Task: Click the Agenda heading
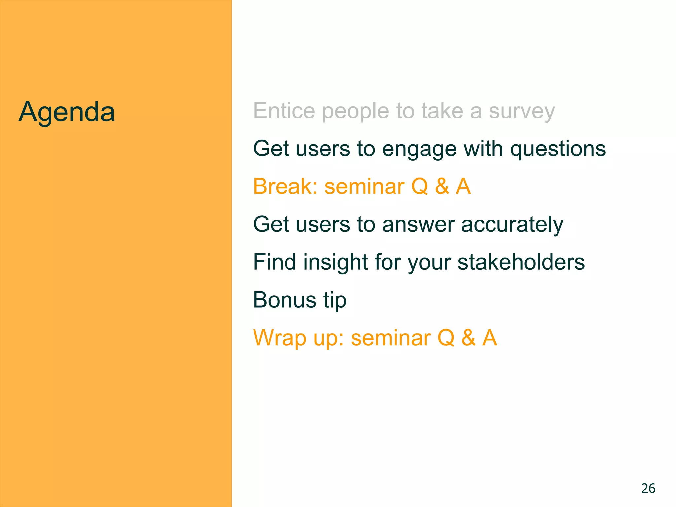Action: click(67, 112)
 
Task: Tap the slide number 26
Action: click(648, 489)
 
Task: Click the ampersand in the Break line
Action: click(442, 186)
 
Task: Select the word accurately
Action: click(512, 225)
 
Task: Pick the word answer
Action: click(418, 225)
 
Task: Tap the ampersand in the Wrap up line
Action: click(468, 338)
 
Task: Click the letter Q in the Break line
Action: click(420, 187)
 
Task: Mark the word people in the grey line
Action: click(355, 112)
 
